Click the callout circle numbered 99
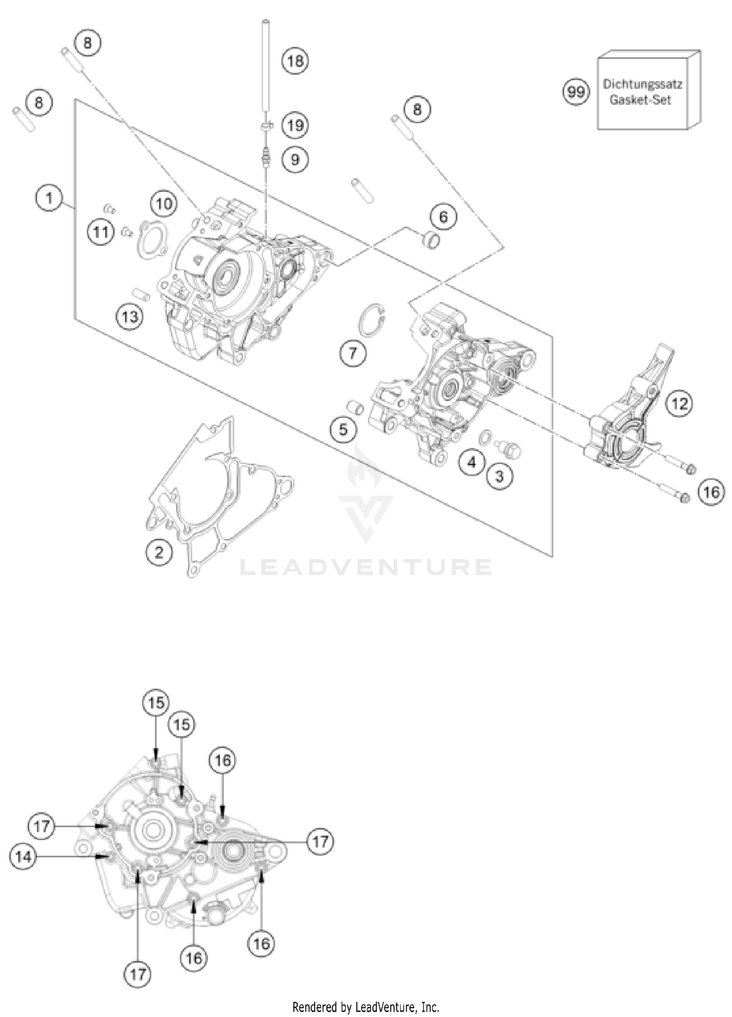(x=576, y=91)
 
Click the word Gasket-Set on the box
(x=640, y=100)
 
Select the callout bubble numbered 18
(x=295, y=61)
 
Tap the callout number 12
(x=679, y=403)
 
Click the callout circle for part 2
(x=159, y=552)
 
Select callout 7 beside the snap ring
(x=353, y=352)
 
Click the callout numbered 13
(x=130, y=317)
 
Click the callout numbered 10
(x=164, y=203)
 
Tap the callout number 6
(x=443, y=216)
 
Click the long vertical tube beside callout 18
(x=266, y=73)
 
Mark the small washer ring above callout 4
(x=485, y=438)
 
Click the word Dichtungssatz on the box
(x=642, y=84)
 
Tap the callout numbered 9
(x=295, y=159)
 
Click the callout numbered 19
(x=295, y=126)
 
